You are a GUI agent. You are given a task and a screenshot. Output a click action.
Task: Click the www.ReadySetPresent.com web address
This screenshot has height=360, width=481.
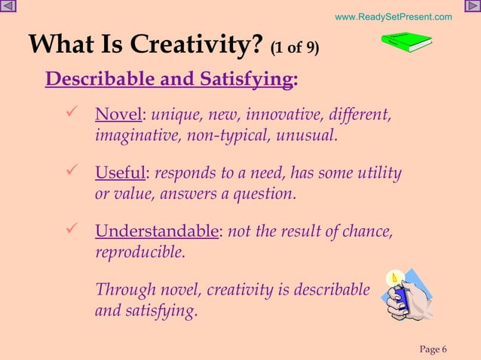tap(393, 17)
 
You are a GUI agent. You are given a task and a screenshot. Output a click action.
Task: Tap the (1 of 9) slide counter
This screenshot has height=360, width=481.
tap(294, 49)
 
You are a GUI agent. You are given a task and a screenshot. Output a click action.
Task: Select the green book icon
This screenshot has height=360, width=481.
tap(405, 44)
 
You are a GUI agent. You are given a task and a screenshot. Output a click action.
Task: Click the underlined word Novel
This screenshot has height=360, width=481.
tap(118, 116)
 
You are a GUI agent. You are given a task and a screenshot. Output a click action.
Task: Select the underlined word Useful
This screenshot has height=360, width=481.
tap(120, 175)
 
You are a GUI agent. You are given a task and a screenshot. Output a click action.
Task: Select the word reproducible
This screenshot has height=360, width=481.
tap(139, 253)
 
